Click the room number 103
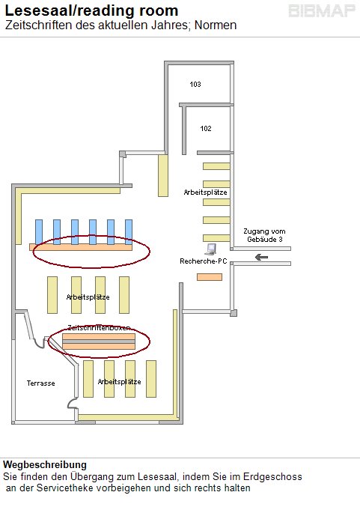195,84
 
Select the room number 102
206,129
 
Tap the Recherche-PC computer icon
211,249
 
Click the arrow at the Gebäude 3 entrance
261,258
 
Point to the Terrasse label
41,383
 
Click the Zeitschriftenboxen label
99,327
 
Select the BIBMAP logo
322,11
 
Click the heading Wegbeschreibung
45,464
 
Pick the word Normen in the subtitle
216,25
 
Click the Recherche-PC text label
204,261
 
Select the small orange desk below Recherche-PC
210,277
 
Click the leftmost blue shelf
39,232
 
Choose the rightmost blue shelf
129,232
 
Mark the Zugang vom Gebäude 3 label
264,235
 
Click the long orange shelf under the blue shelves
81,247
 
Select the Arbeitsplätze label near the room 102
205,192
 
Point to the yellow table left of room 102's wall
163,175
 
